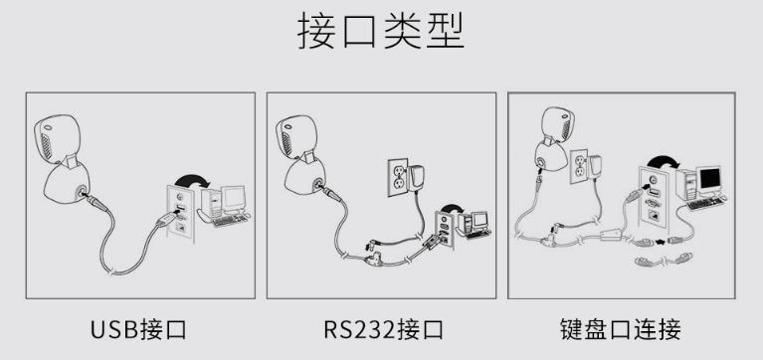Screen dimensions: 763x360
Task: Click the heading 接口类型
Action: (381, 31)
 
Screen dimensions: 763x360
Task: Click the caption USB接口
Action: (138, 330)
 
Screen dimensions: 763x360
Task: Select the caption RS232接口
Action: (384, 330)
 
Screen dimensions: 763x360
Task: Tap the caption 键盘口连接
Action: (621, 330)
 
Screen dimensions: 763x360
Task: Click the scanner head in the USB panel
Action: (57, 139)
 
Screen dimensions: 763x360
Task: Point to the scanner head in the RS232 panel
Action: (297, 139)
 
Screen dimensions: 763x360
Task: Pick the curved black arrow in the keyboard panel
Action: (663, 161)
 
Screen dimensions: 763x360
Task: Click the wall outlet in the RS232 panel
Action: (398, 178)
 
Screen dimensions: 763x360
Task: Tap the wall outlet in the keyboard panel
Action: (579, 166)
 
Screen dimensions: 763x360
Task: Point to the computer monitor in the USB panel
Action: (233, 198)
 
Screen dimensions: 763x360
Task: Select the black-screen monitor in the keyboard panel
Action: (709, 180)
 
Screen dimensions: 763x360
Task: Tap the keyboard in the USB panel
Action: (230, 221)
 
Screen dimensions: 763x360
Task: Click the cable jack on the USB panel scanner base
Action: (81, 192)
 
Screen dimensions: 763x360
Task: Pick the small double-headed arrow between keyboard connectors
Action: (661, 241)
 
